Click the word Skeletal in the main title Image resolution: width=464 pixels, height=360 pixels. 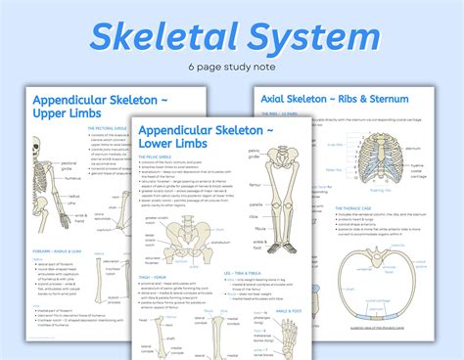(x=162, y=39)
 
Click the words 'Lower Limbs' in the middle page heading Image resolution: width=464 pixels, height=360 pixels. (x=174, y=145)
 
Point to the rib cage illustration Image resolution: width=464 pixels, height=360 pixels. (x=377, y=157)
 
